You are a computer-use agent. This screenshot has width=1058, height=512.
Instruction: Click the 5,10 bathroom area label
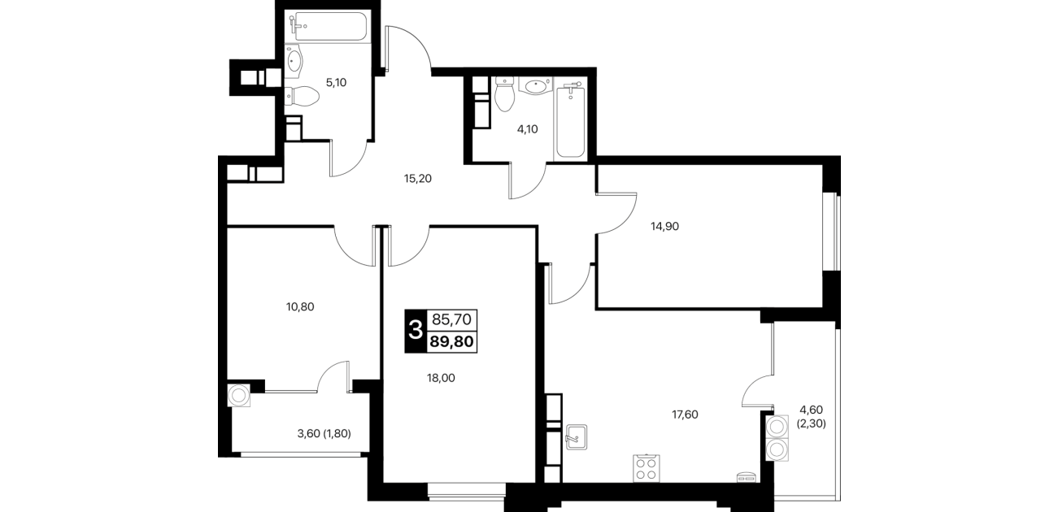pos(337,83)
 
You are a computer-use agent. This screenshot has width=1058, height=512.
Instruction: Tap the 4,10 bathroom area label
pos(528,129)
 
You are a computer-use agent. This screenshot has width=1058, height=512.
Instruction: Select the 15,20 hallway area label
pos(418,179)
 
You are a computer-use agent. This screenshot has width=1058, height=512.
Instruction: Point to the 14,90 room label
pos(664,227)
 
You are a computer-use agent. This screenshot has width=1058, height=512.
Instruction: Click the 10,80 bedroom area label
pos(300,307)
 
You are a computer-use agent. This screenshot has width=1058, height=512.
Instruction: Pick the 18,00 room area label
pos(441,378)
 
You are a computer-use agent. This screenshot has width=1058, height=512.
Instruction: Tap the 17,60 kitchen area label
pos(685,414)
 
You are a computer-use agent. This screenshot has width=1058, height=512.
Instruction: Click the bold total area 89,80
pos(452,341)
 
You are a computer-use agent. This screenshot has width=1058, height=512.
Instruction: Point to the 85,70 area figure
pos(452,320)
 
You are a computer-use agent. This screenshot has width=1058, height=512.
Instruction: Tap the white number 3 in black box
pos(416,330)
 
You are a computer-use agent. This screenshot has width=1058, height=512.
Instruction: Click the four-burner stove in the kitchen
pos(647,469)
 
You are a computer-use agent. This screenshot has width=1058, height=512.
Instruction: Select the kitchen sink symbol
pos(577,437)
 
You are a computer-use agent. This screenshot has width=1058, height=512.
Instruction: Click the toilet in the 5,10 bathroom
pos(303,96)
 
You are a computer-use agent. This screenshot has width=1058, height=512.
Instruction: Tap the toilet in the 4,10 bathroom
pos(504,94)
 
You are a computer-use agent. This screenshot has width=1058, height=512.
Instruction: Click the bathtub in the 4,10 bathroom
pos(571,121)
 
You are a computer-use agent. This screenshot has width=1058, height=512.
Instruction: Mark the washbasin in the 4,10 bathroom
pos(535,86)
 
